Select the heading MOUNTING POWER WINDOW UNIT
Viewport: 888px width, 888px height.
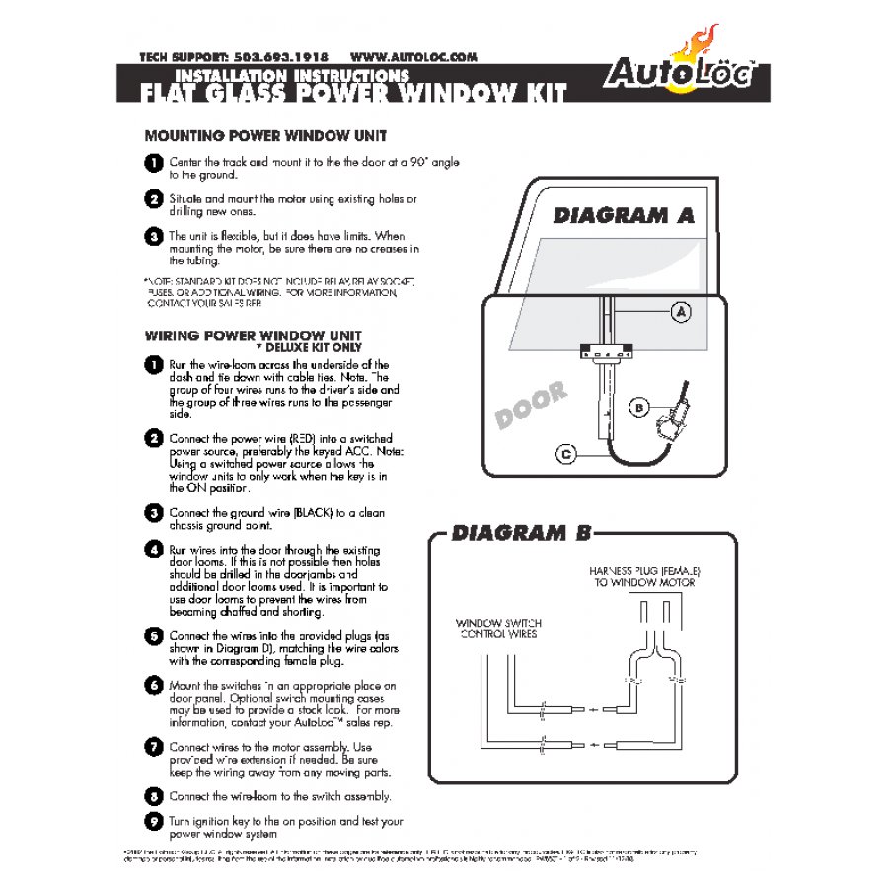click(x=265, y=135)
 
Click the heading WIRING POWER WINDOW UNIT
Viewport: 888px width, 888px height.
click(x=253, y=335)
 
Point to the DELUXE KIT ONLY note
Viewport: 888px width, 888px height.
click(x=309, y=348)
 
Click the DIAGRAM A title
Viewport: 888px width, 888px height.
click(x=624, y=215)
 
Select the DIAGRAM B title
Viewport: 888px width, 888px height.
click(x=522, y=534)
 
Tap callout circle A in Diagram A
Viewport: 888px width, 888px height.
click(x=680, y=312)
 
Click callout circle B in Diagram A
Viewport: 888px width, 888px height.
click(x=638, y=407)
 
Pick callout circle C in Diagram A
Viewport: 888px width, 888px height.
click(x=566, y=454)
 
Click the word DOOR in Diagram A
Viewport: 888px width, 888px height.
click(x=532, y=406)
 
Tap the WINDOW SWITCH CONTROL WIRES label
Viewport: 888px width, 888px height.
click(x=498, y=629)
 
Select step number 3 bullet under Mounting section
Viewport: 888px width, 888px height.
click(x=153, y=237)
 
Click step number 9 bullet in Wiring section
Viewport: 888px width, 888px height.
click(x=153, y=821)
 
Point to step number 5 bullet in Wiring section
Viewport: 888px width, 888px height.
click(x=153, y=636)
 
